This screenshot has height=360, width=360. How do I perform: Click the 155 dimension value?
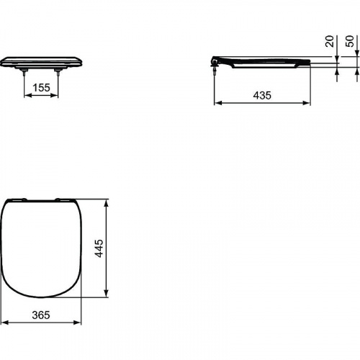tap(42, 86)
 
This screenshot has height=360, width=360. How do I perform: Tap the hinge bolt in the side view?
tap(215, 66)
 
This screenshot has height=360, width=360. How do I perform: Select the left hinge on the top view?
tap(21, 199)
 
